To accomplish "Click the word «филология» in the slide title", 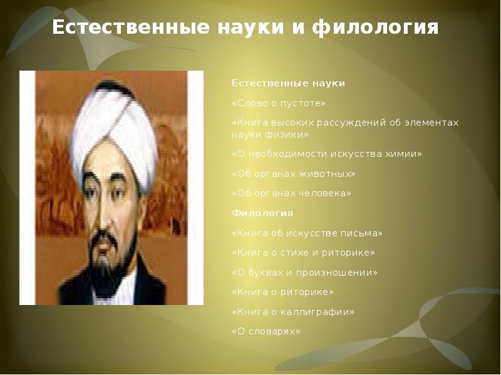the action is [375, 27].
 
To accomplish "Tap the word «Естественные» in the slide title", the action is [131, 27].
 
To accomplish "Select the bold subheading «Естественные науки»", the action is [288, 83].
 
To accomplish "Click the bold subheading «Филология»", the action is [262, 212].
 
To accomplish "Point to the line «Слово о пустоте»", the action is [278, 103].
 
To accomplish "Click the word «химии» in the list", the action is [403, 154].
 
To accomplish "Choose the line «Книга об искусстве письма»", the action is [307, 233].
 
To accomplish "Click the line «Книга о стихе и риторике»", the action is [303, 252].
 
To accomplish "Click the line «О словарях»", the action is [266, 332].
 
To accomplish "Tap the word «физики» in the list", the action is [287, 134].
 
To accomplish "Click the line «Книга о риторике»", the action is [282, 292].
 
